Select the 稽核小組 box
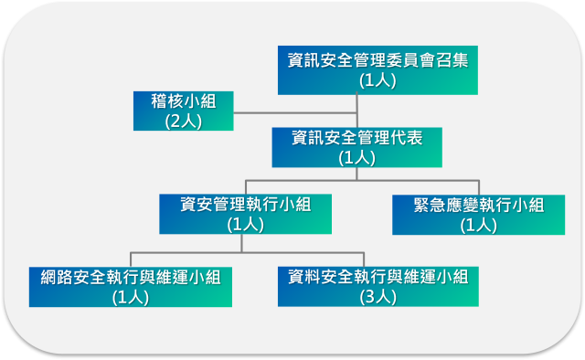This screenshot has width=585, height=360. pyautogui.click(x=183, y=111)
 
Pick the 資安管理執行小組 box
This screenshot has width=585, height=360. pyautogui.click(x=245, y=214)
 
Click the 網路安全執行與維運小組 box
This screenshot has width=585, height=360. pyautogui.click(x=130, y=287)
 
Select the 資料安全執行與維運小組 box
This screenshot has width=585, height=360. pyautogui.click(x=378, y=287)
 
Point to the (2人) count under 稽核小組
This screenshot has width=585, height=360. pyautogui.click(x=183, y=120)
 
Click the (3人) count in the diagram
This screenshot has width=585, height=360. pyautogui.click(x=378, y=296)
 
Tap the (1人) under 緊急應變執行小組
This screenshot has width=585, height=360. pyautogui.click(x=478, y=225)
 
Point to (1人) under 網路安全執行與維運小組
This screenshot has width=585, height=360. pyautogui.click(x=130, y=296)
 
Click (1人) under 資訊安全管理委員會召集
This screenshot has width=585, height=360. pyautogui.click(x=377, y=80)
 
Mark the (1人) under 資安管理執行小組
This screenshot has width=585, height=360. pyautogui.click(x=245, y=224)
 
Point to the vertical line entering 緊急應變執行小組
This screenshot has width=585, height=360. pyautogui.click(x=479, y=186)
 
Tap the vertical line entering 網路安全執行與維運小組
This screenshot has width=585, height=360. pyautogui.click(x=130, y=259)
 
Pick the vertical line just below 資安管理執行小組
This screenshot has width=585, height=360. pyautogui.click(x=241, y=242)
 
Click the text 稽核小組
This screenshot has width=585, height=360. pyautogui.click(x=183, y=100)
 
